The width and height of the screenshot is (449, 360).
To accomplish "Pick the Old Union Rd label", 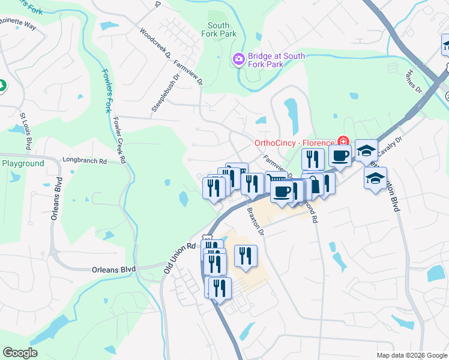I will coord(180,259).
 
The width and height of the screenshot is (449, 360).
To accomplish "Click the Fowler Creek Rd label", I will coord(119,139).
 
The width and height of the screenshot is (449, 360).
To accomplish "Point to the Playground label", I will coord(23,163).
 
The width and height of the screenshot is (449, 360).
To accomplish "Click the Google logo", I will coord(20,353).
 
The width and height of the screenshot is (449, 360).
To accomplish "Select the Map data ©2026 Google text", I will coord(411,355).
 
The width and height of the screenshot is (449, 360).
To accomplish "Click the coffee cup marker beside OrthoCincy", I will coord(339,155).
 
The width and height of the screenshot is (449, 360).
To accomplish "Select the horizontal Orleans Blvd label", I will coord(113,269).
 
